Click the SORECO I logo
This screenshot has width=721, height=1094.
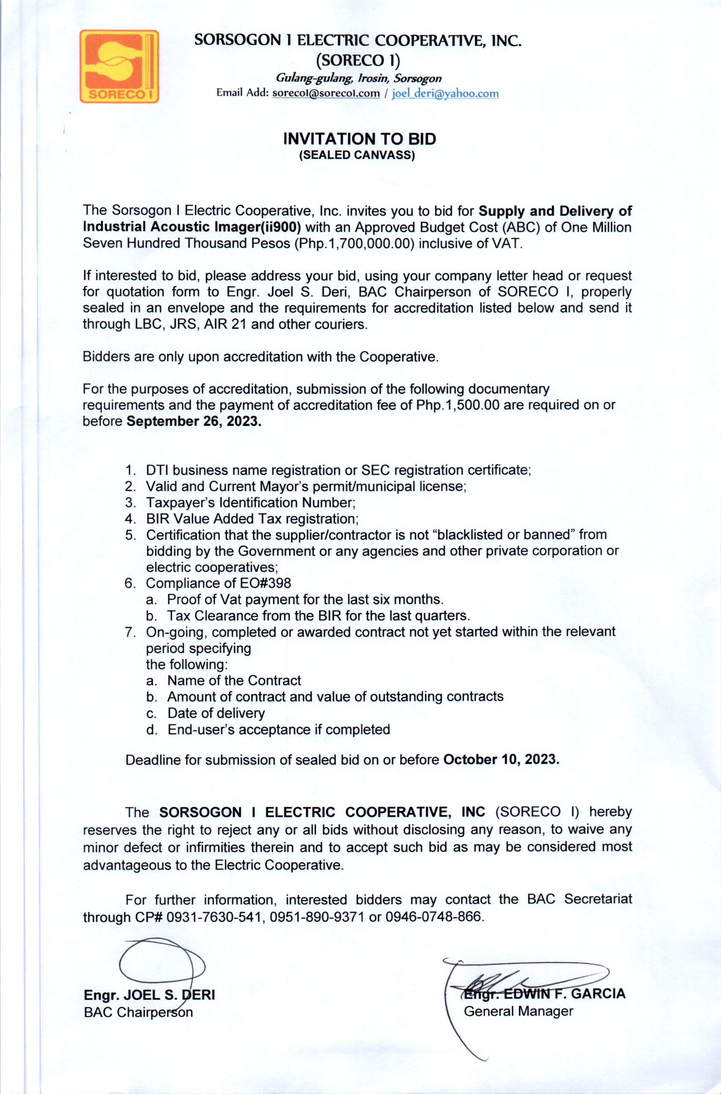coord(119,66)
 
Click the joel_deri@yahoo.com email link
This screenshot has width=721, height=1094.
coord(445,93)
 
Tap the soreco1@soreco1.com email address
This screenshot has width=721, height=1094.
coord(326,93)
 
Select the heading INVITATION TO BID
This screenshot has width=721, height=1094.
coord(359,139)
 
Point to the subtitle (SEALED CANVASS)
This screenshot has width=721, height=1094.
coord(357,155)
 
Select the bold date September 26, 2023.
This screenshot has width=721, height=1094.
coord(194,421)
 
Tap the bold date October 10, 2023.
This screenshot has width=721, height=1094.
coord(501,759)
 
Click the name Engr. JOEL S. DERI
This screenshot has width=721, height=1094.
coord(149,995)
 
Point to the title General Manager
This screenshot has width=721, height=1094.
coord(518,1011)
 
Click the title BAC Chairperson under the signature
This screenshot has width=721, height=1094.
coord(138,1012)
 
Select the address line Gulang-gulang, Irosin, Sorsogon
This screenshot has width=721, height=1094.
coord(358,79)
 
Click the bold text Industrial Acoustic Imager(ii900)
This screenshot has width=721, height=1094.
coord(191,227)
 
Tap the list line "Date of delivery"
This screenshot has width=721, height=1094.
coord(216,713)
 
